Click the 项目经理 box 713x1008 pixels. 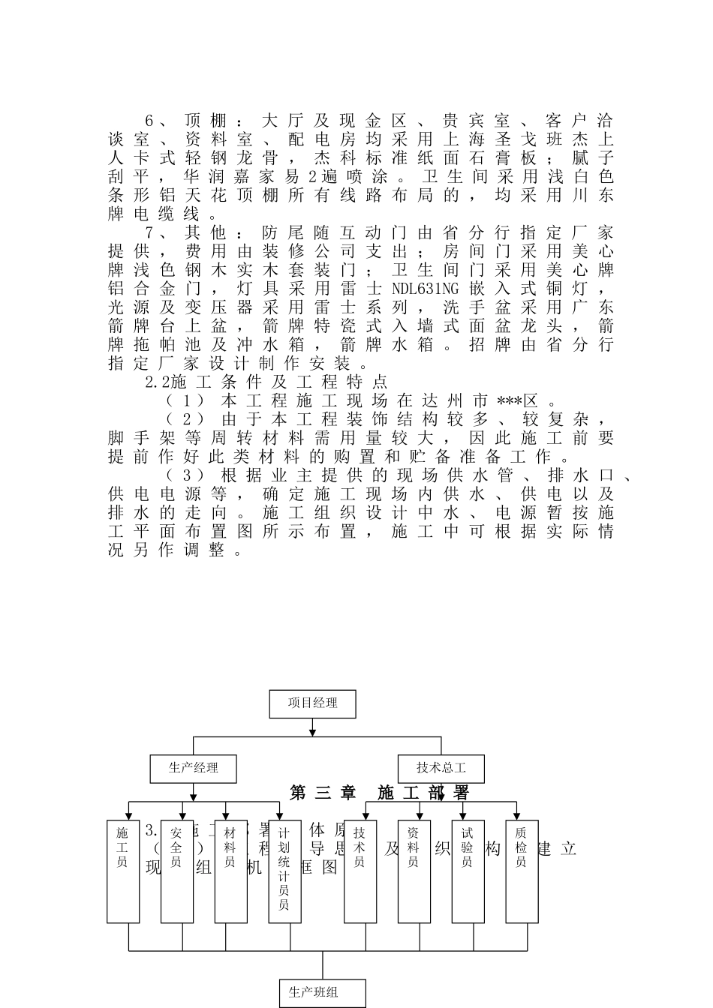tap(312, 703)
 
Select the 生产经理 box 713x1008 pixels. tap(194, 768)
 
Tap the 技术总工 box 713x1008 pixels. tap(441, 768)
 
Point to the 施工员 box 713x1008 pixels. tap(123, 870)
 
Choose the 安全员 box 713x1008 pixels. tap(177, 870)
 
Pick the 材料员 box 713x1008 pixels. tap(231, 870)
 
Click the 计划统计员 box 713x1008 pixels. tap(285, 870)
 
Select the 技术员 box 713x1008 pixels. tap(360, 870)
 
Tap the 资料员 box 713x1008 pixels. tap(414, 870)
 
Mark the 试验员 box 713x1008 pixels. tap(468, 870)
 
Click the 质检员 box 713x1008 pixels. tap(522, 870)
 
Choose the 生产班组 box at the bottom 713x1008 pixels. tap(323, 992)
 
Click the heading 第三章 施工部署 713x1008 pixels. tap(380, 793)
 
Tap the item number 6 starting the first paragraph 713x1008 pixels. tap(149, 121)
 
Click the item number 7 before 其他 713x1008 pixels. tap(149, 232)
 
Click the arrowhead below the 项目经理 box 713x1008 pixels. tap(312, 731)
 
